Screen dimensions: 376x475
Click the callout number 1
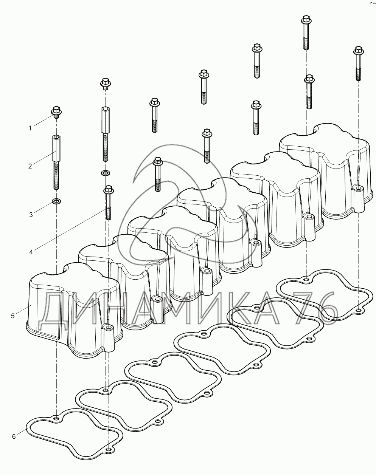click(x=30, y=128)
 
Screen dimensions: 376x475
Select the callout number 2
click(x=30, y=166)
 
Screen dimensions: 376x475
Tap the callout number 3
click(x=31, y=215)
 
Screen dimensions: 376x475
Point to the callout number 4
click(x=31, y=252)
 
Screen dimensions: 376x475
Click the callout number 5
click(x=13, y=316)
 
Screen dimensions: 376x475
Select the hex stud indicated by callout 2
click(x=56, y=162)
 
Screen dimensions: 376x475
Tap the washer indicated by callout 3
click(x=56, y=201)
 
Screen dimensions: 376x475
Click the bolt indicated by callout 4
click(x=108, y=203)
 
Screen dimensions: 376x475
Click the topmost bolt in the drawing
click(x=306, y=32)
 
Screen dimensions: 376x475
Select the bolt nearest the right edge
click(x=359, y=63)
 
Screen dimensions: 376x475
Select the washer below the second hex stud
click(x=106, y=173)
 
